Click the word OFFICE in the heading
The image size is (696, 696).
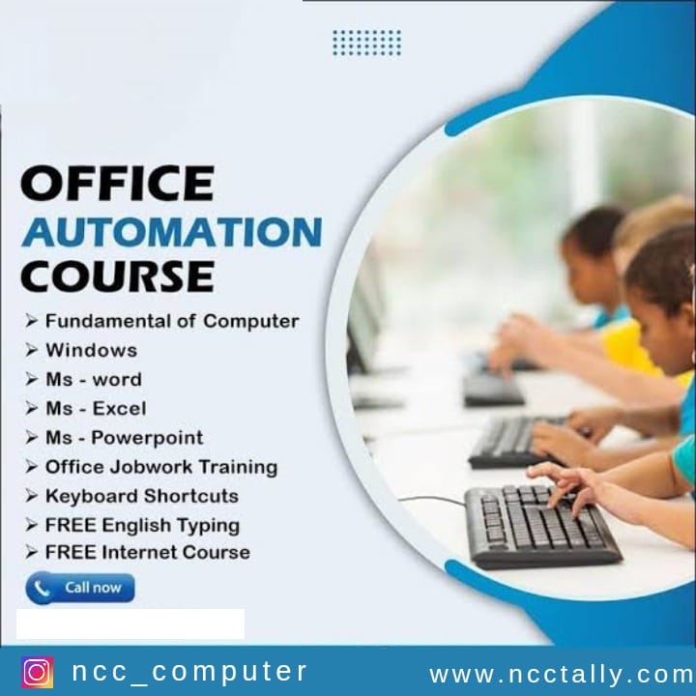[x=118, y=183]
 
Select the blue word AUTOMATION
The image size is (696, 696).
[x=172, y=232]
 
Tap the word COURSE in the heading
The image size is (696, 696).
[x=118, y=276]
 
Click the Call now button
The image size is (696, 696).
[x=80, y=588]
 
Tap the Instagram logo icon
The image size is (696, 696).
[x=38, y=672]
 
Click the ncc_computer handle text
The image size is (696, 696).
[x=189, y=671]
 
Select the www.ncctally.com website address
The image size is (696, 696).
[x=562, y=675]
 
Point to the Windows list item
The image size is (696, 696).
[x=92, y=350]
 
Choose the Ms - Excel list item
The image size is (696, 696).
[x=96, y=408]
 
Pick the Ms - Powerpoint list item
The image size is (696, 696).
[x=125, y=438]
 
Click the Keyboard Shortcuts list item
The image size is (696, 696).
[x=142, y=496]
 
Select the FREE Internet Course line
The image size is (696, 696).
[x=148, y=552]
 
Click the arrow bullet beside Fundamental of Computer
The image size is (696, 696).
[x=31, y=321]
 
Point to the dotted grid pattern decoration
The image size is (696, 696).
[x=366, y=43]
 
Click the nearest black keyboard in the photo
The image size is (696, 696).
[x=542, y=527]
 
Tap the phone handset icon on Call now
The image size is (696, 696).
[x=42, y=589]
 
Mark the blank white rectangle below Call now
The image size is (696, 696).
[x=130, y=623]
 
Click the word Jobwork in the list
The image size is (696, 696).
[x=151, y=467]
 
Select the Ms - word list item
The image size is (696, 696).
[x=94, y=380]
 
